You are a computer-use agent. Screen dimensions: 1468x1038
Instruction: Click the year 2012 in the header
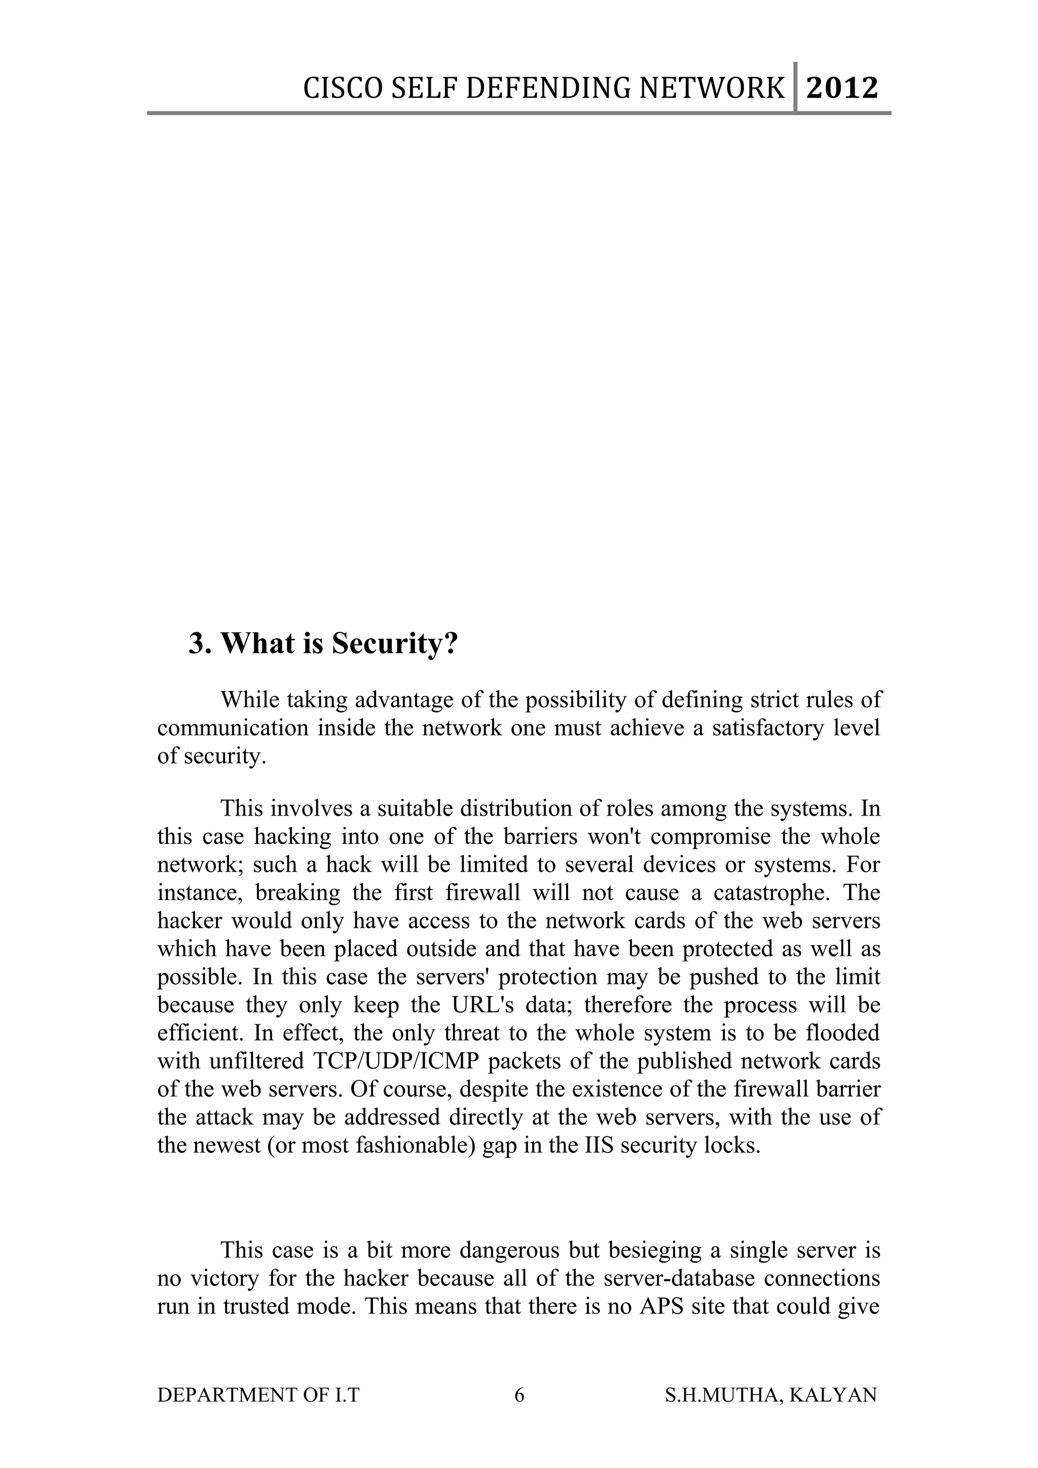[x=842, y=88]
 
